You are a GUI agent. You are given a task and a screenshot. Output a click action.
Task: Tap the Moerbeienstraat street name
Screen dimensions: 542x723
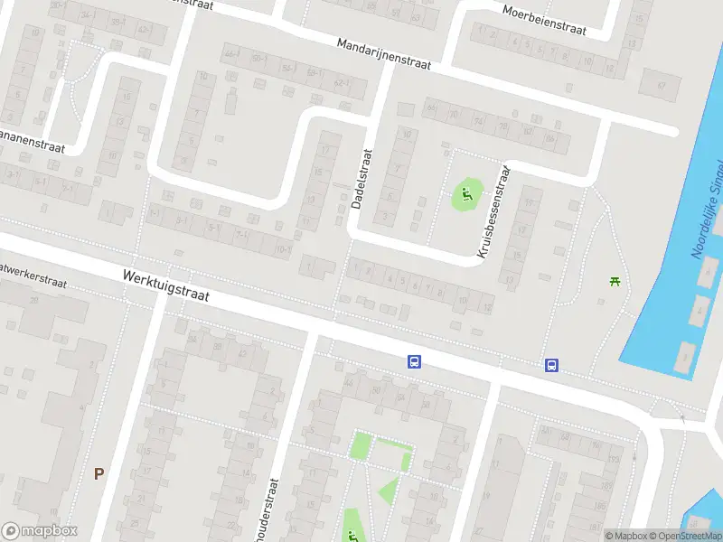[545, 19]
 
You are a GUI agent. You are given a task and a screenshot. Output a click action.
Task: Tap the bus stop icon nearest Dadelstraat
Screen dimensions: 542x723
[414, 362]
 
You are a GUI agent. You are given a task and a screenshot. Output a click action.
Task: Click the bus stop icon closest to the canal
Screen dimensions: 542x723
[551, 366]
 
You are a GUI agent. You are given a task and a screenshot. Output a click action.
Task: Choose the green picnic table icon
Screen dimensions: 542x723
[615, 282]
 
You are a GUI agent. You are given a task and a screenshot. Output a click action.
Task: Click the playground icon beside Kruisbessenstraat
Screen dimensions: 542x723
[466, 192]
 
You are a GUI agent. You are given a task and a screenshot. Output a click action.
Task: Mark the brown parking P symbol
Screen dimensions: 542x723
[99, 473]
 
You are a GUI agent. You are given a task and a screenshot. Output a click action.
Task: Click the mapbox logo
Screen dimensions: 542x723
[40, 531]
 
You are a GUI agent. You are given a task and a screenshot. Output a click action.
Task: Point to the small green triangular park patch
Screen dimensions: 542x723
[390, 491]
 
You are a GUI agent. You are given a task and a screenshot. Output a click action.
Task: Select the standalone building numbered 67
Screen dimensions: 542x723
[661, 84]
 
